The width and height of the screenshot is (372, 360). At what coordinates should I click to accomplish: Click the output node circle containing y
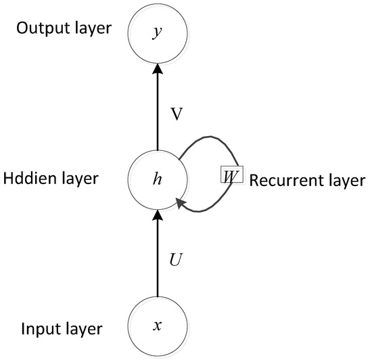pyautogui.click(x=158, y=32)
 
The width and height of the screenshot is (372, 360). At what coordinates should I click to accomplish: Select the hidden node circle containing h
pyautogui.click(x=158, y=179)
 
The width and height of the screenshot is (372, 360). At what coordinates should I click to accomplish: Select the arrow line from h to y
pyautogui.click(x=158, y=112)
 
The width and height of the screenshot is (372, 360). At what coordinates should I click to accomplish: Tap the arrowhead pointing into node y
pyautogui.click(x=158, y=68)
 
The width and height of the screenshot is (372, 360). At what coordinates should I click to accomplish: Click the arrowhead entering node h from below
pyautogui.click(x=158, y=215)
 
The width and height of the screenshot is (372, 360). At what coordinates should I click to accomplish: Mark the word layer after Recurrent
pyautogui.click(x=333, y=181)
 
